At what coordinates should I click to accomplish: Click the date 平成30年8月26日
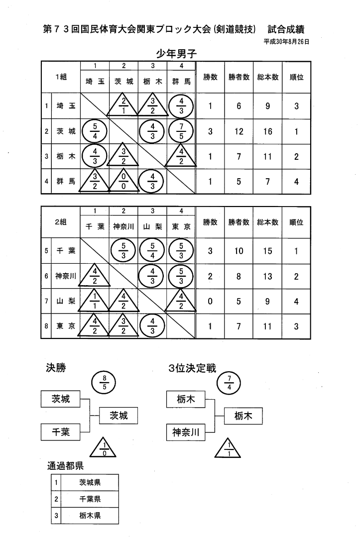click(286, 42)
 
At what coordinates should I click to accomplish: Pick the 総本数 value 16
click(268, 131)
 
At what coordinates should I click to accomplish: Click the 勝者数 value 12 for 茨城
click(239, 131)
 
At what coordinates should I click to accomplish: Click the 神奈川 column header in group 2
click(124, 226)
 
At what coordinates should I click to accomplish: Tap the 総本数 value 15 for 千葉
click(268, 251)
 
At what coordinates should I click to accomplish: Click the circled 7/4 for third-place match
click(229, 382)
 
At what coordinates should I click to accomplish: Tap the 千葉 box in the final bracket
click(61, 432)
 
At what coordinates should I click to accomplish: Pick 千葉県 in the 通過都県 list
click(90, 499)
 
